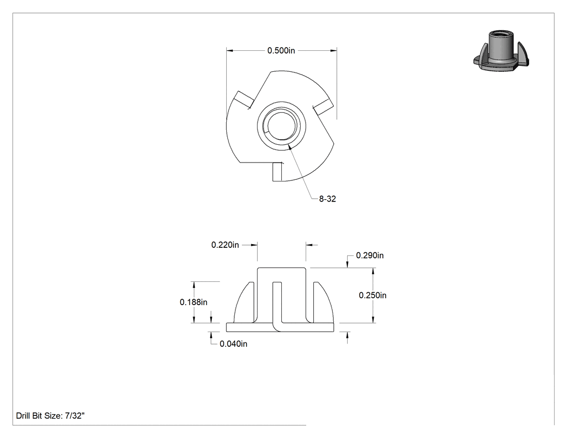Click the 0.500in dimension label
tap(281, 51)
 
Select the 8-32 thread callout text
tap(327, 199)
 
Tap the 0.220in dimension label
tap(225, 245)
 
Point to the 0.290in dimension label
tap(369, 255)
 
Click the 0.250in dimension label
tap(373, 295)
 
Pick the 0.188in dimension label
tap(193, 302)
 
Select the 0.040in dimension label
tap(233, 343)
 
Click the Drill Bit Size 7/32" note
tap(50, 415)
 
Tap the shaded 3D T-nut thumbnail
tap(501, 51)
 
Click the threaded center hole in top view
tap(281, 125)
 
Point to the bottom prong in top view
tap(278, 172)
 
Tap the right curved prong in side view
tap(321, 302)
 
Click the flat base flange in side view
tap(280, 327)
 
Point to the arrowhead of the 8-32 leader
tap(290, 147)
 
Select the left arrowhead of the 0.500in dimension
tap(231, 51)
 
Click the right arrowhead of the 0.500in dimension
tap(333, 51)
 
